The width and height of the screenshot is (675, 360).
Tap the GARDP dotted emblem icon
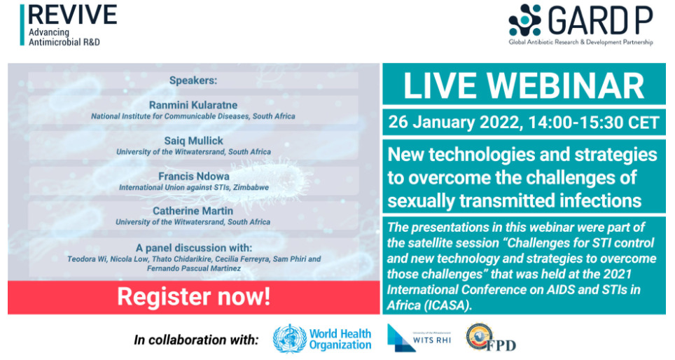[524, 20]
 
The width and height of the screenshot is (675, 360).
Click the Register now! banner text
[194, 297]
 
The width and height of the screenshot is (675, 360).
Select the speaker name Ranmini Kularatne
[193, 105]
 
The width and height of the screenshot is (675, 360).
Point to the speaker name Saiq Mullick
[194, 141]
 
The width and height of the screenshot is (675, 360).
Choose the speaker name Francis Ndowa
[194, 176]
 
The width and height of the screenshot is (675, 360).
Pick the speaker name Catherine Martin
[193, 211]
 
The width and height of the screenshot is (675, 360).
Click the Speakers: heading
[193, 81]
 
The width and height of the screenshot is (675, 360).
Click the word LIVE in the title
[439, 86]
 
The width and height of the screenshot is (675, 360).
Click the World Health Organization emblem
[290, 339]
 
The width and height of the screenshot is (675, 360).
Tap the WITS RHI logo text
[432, 340]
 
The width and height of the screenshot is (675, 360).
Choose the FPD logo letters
[501, 345]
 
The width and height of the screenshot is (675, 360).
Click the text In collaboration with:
[196, 340]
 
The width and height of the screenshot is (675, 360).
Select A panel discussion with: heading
[194, 248]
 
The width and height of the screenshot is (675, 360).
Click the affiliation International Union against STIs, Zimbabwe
[194, 187]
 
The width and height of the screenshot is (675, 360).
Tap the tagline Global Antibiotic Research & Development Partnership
[580, 42]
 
